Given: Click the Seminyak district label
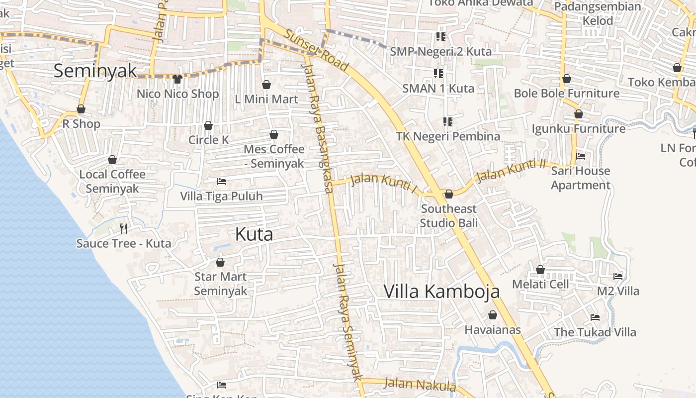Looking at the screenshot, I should click(x=95, y=71).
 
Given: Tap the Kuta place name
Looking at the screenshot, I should click(x=254, y=234).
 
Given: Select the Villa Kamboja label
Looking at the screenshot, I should click(x=441, y=291).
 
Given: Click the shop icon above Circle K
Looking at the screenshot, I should click(x=208, y=125).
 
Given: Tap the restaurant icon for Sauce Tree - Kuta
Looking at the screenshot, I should click(x=124, y=229).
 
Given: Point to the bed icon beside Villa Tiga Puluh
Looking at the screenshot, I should click(x=222, y=182).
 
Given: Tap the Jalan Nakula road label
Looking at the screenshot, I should click(x=420, y=385).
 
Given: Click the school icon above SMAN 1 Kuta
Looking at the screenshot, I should click(x=438, y=74).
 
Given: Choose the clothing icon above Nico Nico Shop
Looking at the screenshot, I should click(x=177, y=79).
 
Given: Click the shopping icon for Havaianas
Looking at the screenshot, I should click(x=492, y=315).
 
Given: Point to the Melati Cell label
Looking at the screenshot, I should click(x=540, y=284).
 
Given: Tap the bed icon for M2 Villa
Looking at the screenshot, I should click(x=618, y=276).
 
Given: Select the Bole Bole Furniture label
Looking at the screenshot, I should click(x=567, y=93).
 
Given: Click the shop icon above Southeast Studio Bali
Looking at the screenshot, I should click(x=449, y=194).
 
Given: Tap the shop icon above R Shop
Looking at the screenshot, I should click(x=81, y=109).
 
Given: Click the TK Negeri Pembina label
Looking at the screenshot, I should click(x=448, y=136).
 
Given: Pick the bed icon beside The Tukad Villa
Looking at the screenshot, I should click(x=595, y=317).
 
